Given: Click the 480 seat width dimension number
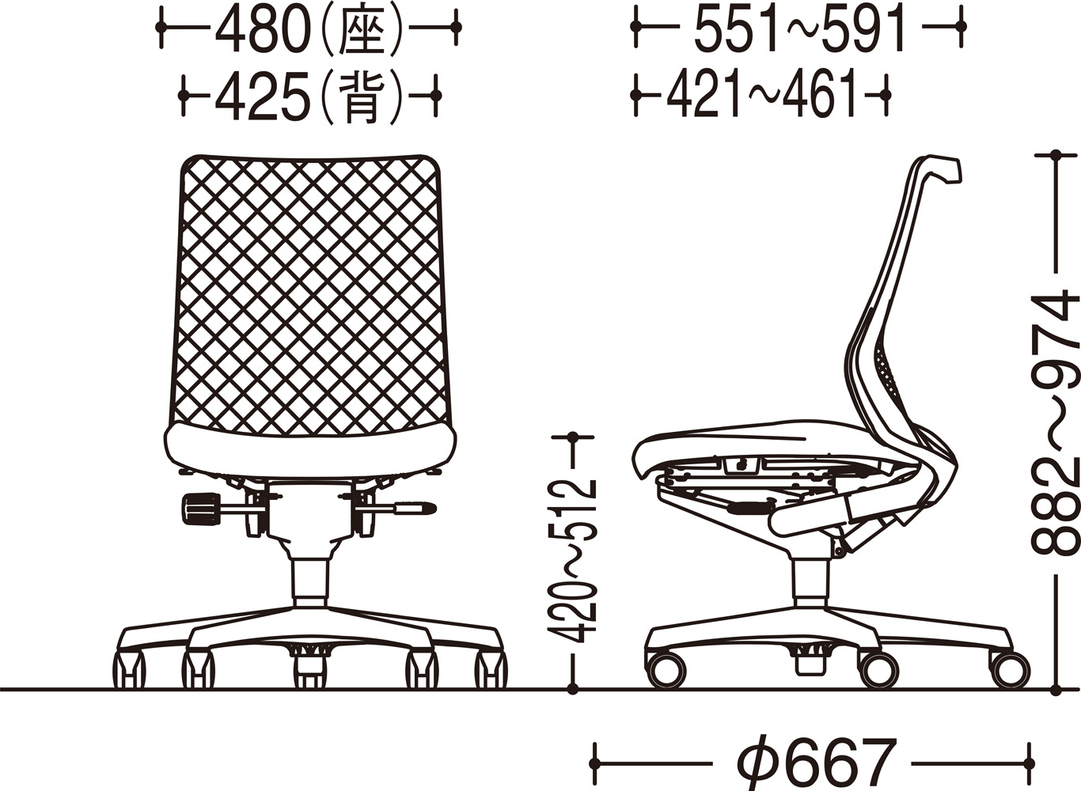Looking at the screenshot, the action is tap(263, 28).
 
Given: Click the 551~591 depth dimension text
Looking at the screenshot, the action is tap(798, 28).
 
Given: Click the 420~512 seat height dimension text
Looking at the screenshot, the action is tap(573, 562).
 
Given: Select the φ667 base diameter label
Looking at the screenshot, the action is tap(817, 763).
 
